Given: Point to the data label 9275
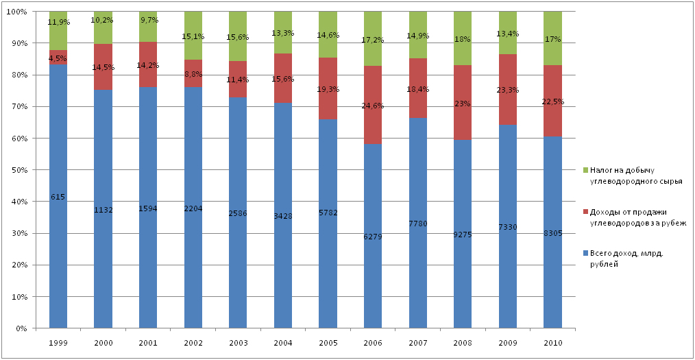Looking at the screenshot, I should [463, 234].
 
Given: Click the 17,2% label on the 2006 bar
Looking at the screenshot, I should [373, 40].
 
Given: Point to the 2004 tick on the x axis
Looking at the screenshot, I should [283, 341].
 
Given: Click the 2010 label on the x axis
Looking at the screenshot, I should [552, 341].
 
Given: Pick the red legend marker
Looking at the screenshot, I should [585, 212].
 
